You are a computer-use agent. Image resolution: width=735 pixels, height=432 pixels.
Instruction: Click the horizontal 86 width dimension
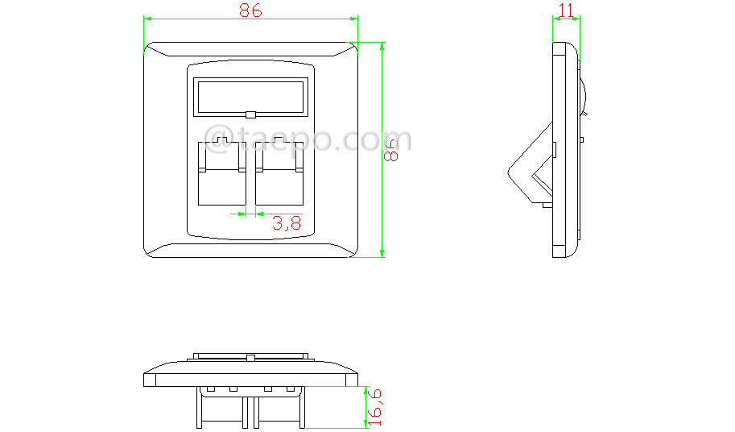(250, 10)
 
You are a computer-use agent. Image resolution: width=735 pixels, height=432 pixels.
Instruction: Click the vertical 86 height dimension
(390, 149)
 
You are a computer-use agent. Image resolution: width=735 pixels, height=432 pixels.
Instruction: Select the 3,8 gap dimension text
(287, 224)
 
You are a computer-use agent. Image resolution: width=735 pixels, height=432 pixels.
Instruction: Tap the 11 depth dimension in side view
(566, 10)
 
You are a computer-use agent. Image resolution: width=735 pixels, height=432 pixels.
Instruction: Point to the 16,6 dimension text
(374, 406)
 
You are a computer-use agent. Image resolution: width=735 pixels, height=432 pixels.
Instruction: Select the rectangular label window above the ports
(250, 97)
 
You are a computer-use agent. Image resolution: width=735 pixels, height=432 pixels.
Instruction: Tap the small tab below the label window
(250, 115)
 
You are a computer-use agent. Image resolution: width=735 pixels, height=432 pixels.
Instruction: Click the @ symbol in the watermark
(218, 138)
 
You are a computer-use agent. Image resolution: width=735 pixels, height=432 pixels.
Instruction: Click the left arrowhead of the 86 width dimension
(147, 19)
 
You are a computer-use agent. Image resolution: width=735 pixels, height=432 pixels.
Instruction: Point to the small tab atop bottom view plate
(250, 356)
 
